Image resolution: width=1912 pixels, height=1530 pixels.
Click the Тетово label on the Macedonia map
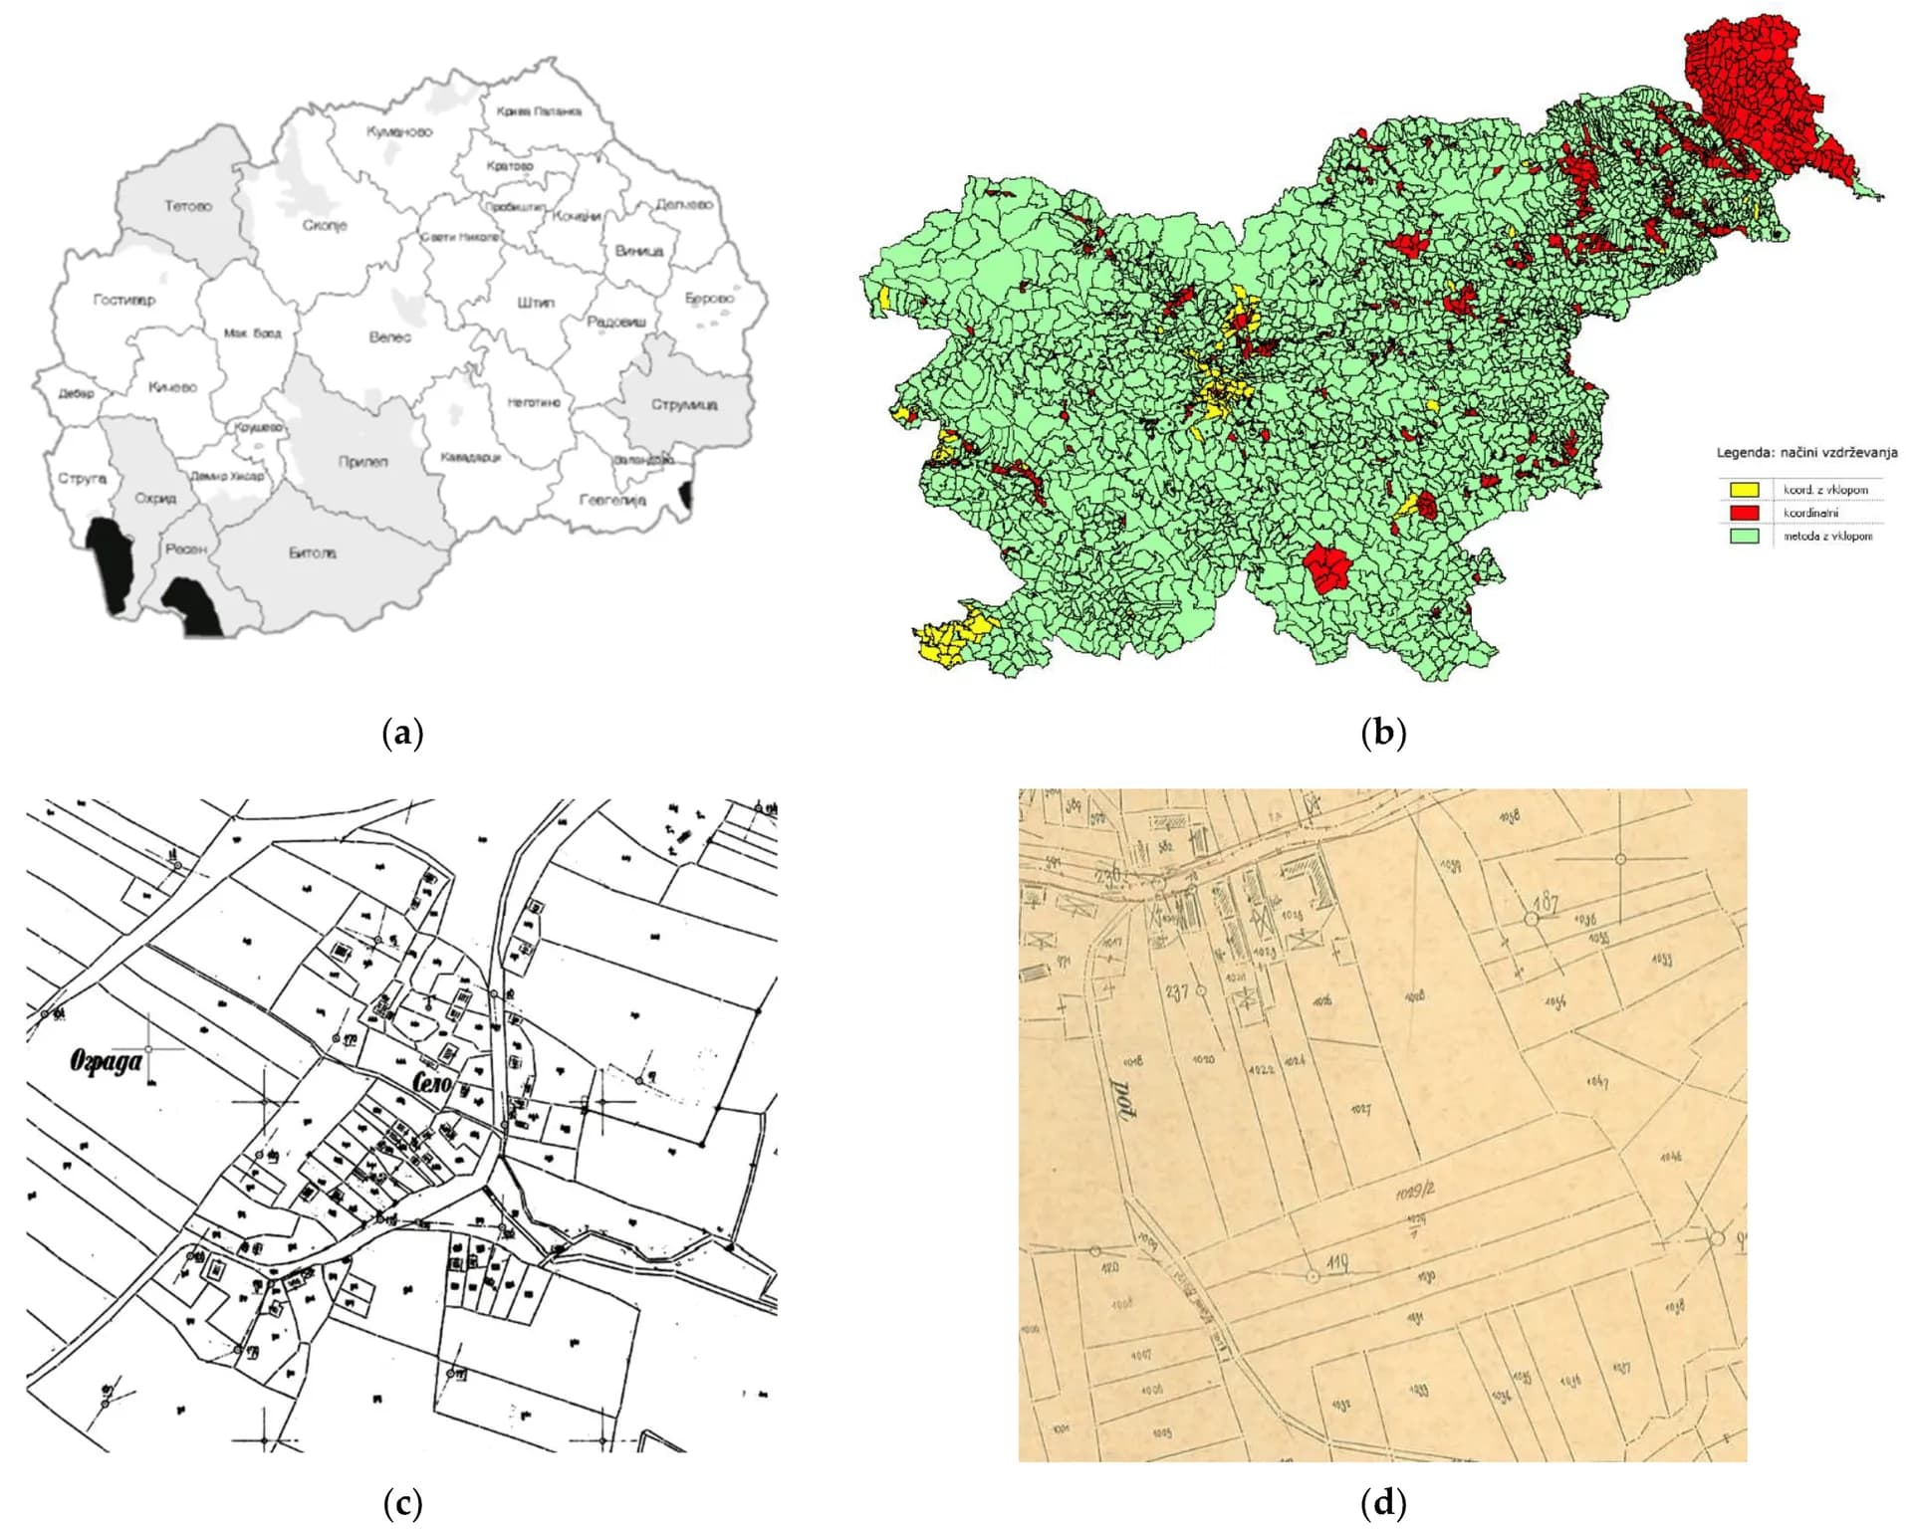[x=188, y=206]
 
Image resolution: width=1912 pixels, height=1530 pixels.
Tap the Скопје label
[x=325, y=226]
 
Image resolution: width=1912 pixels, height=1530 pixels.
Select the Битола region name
[x=313, y=552]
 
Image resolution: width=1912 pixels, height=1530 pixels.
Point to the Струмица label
[x=684, y=404]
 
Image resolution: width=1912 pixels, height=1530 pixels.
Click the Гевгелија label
[x=613, y=500]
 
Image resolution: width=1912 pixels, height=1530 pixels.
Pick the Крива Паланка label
[x=539, y=111]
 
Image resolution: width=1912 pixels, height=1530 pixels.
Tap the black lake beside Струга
[x=109, y=562]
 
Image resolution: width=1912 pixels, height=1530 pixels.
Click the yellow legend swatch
[x=1743, y=490]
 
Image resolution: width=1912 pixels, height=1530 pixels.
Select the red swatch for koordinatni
[x=1743, y=513]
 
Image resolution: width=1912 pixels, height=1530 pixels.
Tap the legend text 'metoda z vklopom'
[x=1827, y=537]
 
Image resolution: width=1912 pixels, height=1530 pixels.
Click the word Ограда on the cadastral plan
[x=106, y=1061]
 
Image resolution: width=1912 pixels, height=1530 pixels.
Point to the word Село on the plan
[x=429, y=1082]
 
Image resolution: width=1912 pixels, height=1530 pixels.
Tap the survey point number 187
[x=1546, y=902]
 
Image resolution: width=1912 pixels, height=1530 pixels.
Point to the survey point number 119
[x=1337, y=1263]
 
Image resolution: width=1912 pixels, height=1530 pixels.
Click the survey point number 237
[x=1177, y=991]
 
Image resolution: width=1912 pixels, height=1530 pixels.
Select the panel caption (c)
[x=403, y=1502]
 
